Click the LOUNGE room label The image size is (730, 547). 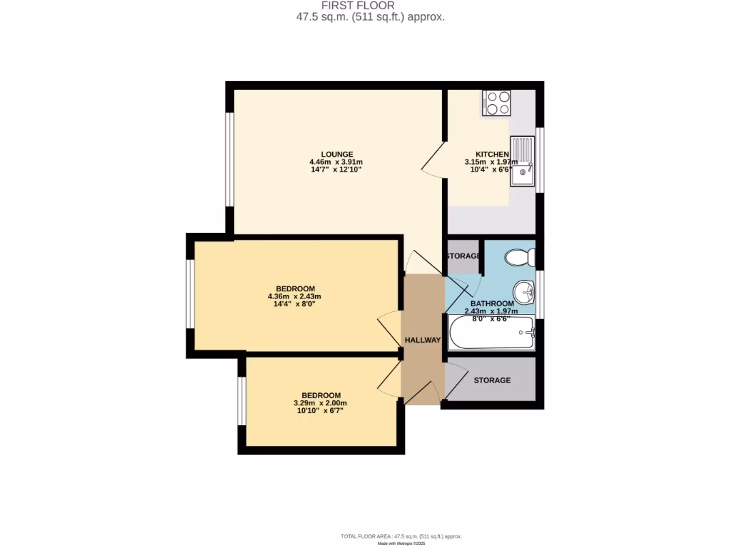(337, 154)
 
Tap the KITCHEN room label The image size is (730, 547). (492, 154)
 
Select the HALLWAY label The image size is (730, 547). (423, 340)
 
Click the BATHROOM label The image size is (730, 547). (492, 304)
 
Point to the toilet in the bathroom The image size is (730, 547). (518, 256)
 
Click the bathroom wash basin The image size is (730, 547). (525, 291)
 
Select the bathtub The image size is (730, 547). (492, 333)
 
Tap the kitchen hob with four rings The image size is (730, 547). (497, 103)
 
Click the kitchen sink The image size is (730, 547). (523, 161)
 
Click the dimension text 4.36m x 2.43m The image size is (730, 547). (294, 296)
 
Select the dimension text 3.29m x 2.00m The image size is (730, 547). (321, 403)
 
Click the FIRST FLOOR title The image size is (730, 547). (371, 6)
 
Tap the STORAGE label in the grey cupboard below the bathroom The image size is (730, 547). (493, 380)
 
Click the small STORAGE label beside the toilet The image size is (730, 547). (463, 256)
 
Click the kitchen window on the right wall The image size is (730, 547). (540, 160)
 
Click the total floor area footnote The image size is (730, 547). (401, 536)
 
